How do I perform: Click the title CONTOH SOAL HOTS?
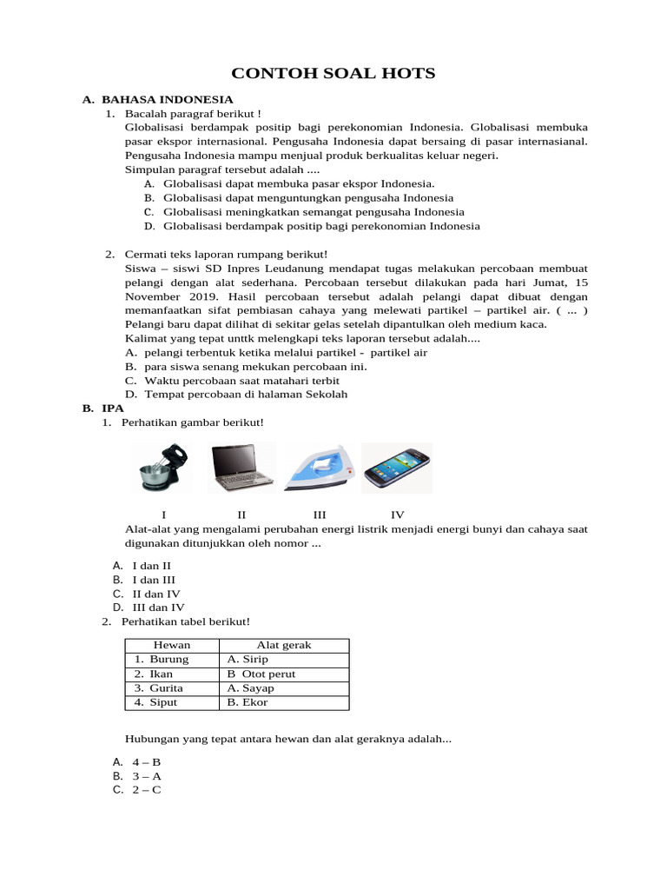pos(333,73)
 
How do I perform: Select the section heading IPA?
pos(113,408)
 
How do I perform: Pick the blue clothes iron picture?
pos(320,468)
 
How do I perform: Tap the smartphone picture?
pos(396,468)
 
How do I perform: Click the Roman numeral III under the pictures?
pos(320,515)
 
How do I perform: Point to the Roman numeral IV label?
pos(398,515)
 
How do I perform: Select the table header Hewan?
pos(172,645)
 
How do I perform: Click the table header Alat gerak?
pos(284,645)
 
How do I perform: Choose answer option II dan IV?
pos(155,594)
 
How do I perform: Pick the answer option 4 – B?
pos(147,761)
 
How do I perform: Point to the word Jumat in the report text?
pos(550,282)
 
